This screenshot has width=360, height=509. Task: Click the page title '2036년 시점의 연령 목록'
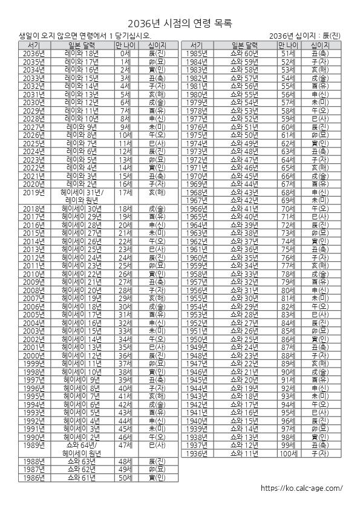tap(180, 22)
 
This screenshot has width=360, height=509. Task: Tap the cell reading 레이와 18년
tap(82, 54)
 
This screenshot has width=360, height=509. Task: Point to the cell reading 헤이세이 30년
tap(82, 209)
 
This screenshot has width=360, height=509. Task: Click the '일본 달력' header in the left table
tap(82, 45)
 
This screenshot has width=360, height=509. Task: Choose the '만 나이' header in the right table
tap(288, 45)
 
